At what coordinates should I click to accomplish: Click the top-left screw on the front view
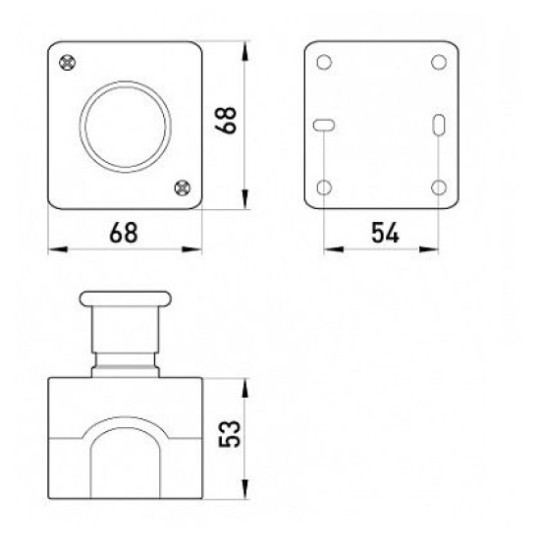(x=68, y=63)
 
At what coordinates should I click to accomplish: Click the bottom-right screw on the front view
(x=183, y=189)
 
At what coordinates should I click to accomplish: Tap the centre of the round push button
(x=126, y=127)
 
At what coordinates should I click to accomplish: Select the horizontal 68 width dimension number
(x=124, y=233)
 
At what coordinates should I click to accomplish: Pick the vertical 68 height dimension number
(x=226, y=120)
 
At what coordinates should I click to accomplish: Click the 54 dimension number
(x=385, y=233)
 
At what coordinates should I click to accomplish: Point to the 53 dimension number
(x=229, y=434)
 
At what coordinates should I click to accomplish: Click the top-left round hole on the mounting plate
(x=324, y=62)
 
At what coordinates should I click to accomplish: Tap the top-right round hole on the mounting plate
(x=439, y=62)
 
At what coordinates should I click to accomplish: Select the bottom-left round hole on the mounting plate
(x=324, y=188)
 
